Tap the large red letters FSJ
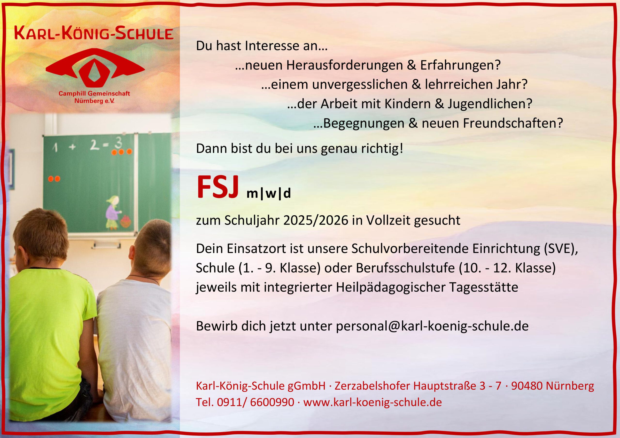pos(218,187)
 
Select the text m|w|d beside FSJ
pos(269,194)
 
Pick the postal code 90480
pos(527,386)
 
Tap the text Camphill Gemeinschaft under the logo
pos(94,94)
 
